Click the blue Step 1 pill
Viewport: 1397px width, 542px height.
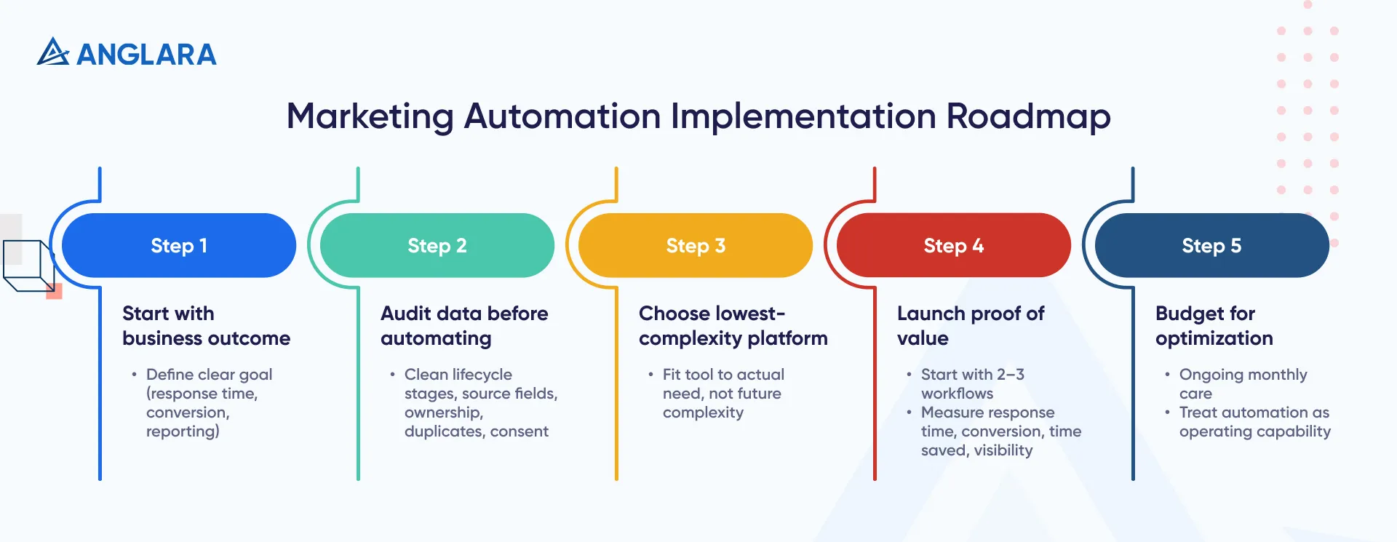[x=179, y=245]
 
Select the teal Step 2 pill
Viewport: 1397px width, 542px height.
[x=437, y=245]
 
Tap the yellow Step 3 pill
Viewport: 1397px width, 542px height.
[x=696, y=245]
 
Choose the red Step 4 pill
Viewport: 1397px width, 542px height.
[x=954, y=245]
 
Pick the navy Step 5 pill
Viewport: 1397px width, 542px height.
[x=1212, y=245]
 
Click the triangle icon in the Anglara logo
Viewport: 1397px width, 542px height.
[x=52, y=52]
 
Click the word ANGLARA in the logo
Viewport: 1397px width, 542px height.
[x=146, y=55]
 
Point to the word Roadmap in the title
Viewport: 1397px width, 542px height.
[x=1028, y=116]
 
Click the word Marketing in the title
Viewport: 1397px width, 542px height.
[x=370, y=116]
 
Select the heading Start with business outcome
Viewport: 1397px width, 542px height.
[x=206, y=326]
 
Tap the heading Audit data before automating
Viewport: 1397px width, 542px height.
[x=464, y=326]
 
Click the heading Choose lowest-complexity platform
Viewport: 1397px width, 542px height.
[x=733, y=326]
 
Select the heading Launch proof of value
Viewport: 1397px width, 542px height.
[x=970, y=326]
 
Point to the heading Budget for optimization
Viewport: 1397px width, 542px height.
[x=1214, y=326]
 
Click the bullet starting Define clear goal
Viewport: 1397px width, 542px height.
[x=209, y=402]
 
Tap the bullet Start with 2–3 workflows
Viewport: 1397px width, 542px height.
[x=972, y=383]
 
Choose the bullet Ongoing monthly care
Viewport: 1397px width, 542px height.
[x=1243, y=383]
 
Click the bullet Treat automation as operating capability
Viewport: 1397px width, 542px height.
[x=1254, y=422]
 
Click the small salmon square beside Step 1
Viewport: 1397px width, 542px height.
[x=54, y=292]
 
